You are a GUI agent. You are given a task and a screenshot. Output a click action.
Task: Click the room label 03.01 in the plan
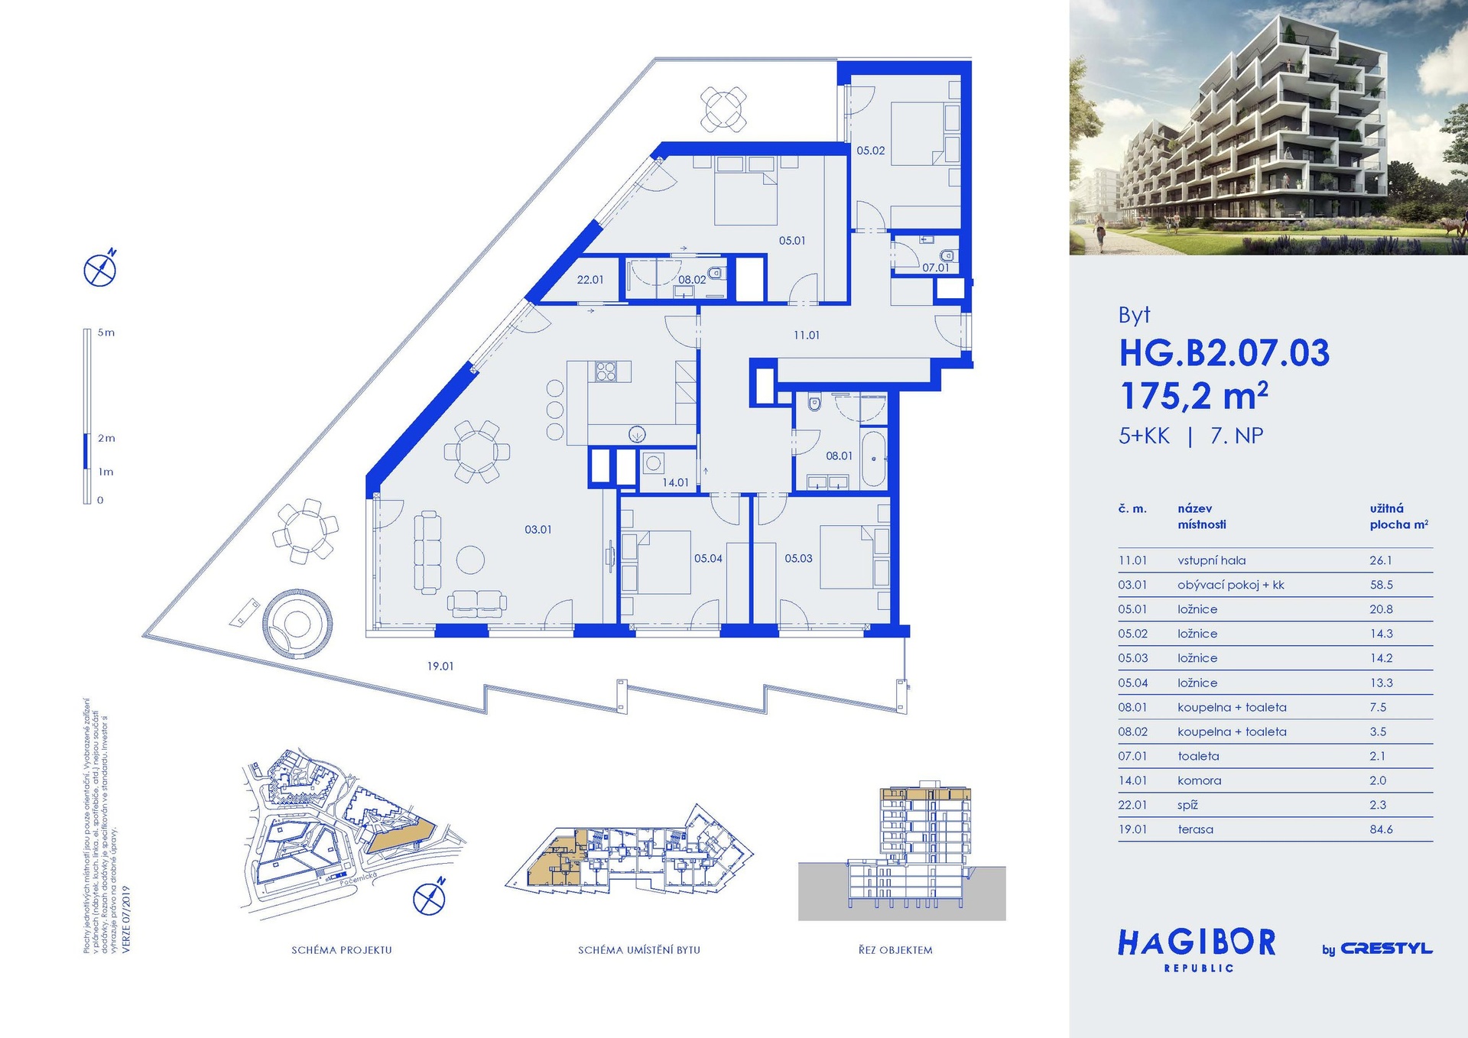[538, 529]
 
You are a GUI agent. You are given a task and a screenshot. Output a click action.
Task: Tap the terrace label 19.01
[440, 667]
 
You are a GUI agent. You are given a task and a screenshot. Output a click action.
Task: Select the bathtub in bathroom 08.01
[874, 459]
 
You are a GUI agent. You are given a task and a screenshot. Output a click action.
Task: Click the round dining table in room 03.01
[476, 452]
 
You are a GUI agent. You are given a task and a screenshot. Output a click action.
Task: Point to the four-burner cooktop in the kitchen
[606, 371]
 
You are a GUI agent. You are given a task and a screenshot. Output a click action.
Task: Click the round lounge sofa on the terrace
[297, 624]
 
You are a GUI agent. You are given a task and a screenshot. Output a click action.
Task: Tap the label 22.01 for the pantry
[590, 280]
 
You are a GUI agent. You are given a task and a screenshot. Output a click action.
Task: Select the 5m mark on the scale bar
[106, 332]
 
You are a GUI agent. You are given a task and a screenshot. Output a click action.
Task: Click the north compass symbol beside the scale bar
[100, 269]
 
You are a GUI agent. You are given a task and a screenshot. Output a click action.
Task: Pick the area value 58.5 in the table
[1381, 585]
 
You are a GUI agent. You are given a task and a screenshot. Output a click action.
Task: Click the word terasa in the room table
[1195, 829]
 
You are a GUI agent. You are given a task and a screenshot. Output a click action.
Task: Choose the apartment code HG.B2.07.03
[1224, 353]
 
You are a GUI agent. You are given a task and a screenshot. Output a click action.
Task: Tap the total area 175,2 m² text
[1194, 397]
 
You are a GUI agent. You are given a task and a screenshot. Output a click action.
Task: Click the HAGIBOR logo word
[1197, 943]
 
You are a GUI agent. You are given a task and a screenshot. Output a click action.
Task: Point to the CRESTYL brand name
[1386, 949]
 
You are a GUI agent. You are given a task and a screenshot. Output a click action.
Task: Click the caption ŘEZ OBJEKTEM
[895, 950]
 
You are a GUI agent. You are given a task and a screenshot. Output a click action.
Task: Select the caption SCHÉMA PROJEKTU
[341, 950]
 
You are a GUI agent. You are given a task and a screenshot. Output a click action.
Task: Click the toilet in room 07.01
[947, 255]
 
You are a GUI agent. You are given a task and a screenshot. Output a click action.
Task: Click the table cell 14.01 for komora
[1132, 780]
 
